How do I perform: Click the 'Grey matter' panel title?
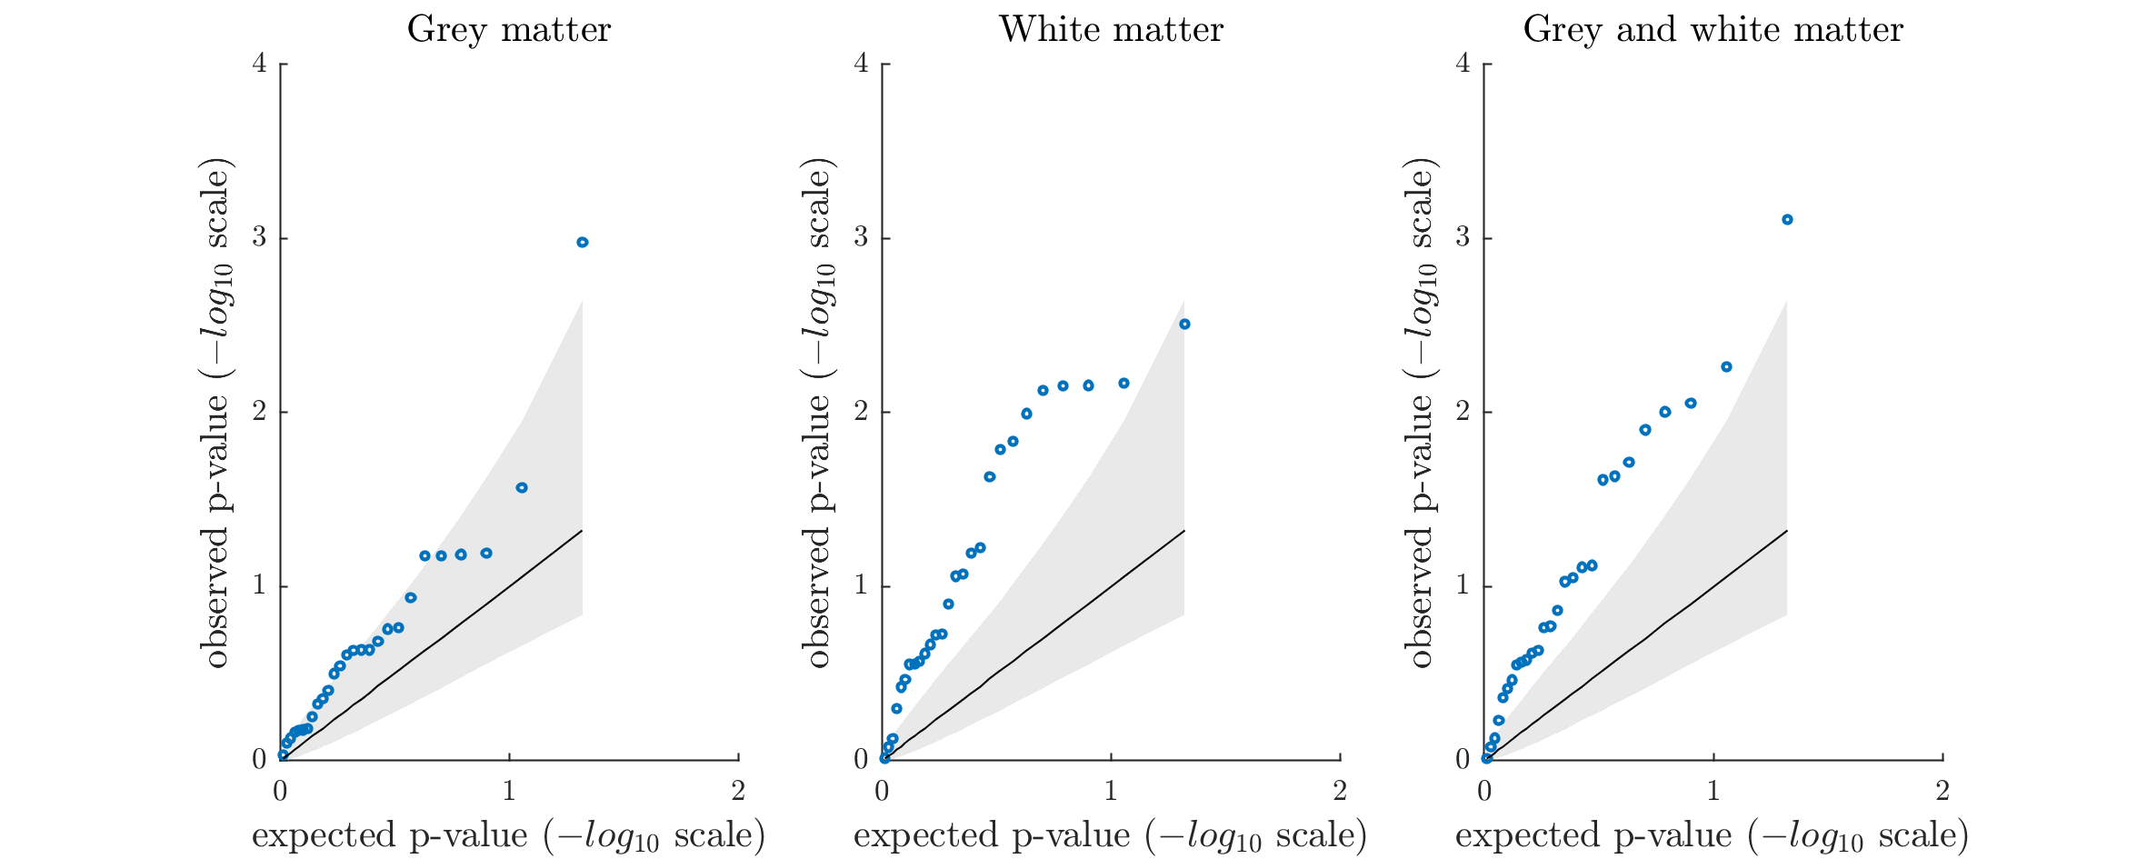(x=509, y=30)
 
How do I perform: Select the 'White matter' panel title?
(x=1111, y=30)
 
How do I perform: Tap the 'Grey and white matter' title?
(x=1713, y=30)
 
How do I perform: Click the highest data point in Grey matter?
(x=583, y=242)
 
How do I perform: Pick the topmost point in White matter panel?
(x=1184, y=324)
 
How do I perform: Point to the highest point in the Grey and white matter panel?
(x=1787, y=219)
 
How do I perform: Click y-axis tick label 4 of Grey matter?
(x=259, y=65)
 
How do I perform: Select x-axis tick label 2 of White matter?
(x=1340, y=792)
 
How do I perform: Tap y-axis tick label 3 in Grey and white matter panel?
(x=1463, y=238)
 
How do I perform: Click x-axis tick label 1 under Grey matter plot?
(x=509, y=792)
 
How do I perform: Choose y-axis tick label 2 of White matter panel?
(x=861, y=412)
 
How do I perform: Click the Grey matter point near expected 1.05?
(x=522, y=487)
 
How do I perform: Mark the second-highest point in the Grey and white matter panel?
(x=1726, y=366)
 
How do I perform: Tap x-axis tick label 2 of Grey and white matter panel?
(x=1942, y=792)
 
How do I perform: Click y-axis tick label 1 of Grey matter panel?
(x=259, y=585)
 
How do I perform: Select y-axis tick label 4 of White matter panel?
(x=861, y=65)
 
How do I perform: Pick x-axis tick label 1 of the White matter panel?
(x=1111, y=792)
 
